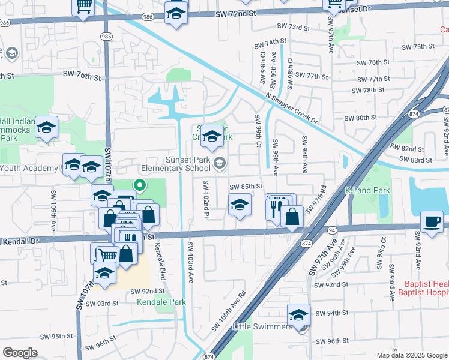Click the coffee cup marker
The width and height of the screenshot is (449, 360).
click(432, 222)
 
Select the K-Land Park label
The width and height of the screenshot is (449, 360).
click(367, 191)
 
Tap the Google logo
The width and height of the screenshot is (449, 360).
click(20, 352)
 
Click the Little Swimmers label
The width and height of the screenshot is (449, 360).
click(263, 327)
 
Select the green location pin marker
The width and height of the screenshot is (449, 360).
click(140, 186)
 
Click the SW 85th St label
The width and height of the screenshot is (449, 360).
click(246, 187)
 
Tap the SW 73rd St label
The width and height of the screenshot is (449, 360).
click(293, 28)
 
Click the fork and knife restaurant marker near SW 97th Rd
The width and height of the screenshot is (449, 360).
click(276, 208)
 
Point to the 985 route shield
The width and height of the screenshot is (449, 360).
click(106, 35)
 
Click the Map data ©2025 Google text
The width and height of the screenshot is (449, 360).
click(412, 355)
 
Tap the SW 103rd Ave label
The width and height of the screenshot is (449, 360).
click(190, 263)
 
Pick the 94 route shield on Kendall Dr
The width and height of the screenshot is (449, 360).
click(331, 229)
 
